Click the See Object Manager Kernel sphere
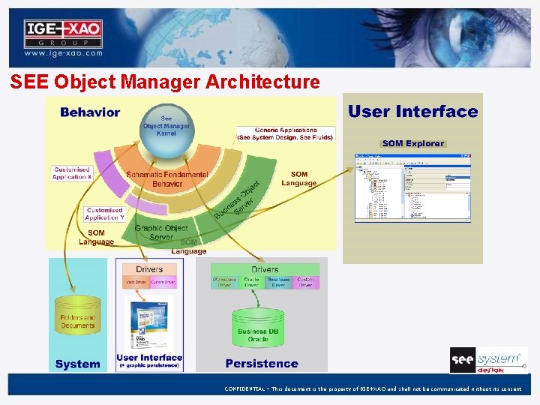pos(166,129)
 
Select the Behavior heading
pos(90,112)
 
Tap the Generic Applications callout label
pos(286,134)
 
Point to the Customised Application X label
pos(72,173)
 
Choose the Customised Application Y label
pos(104,214)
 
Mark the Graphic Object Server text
pos(160,232)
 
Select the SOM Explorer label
pos(413,143)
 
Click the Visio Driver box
pos(135,283)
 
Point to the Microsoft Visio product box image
pos(148,322)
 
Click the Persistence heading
pos(262,364)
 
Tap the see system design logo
pos(487,360)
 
